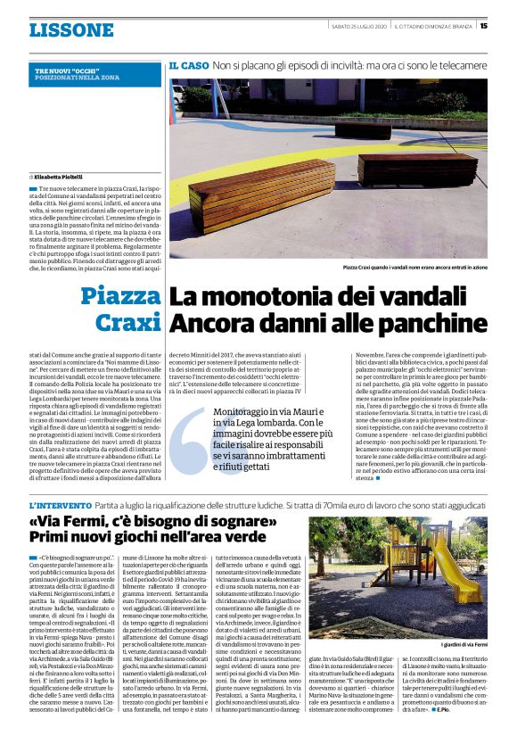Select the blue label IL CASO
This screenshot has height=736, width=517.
187,66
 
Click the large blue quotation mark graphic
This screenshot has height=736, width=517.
192,442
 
